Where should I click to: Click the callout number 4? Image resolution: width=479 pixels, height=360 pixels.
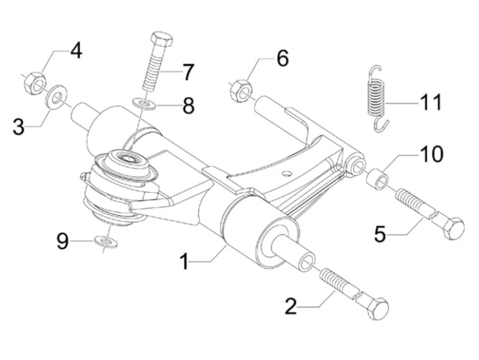[76, 51]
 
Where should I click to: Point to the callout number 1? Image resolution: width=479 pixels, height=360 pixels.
[185, 262]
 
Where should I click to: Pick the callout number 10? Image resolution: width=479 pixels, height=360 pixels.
[432, 154]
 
